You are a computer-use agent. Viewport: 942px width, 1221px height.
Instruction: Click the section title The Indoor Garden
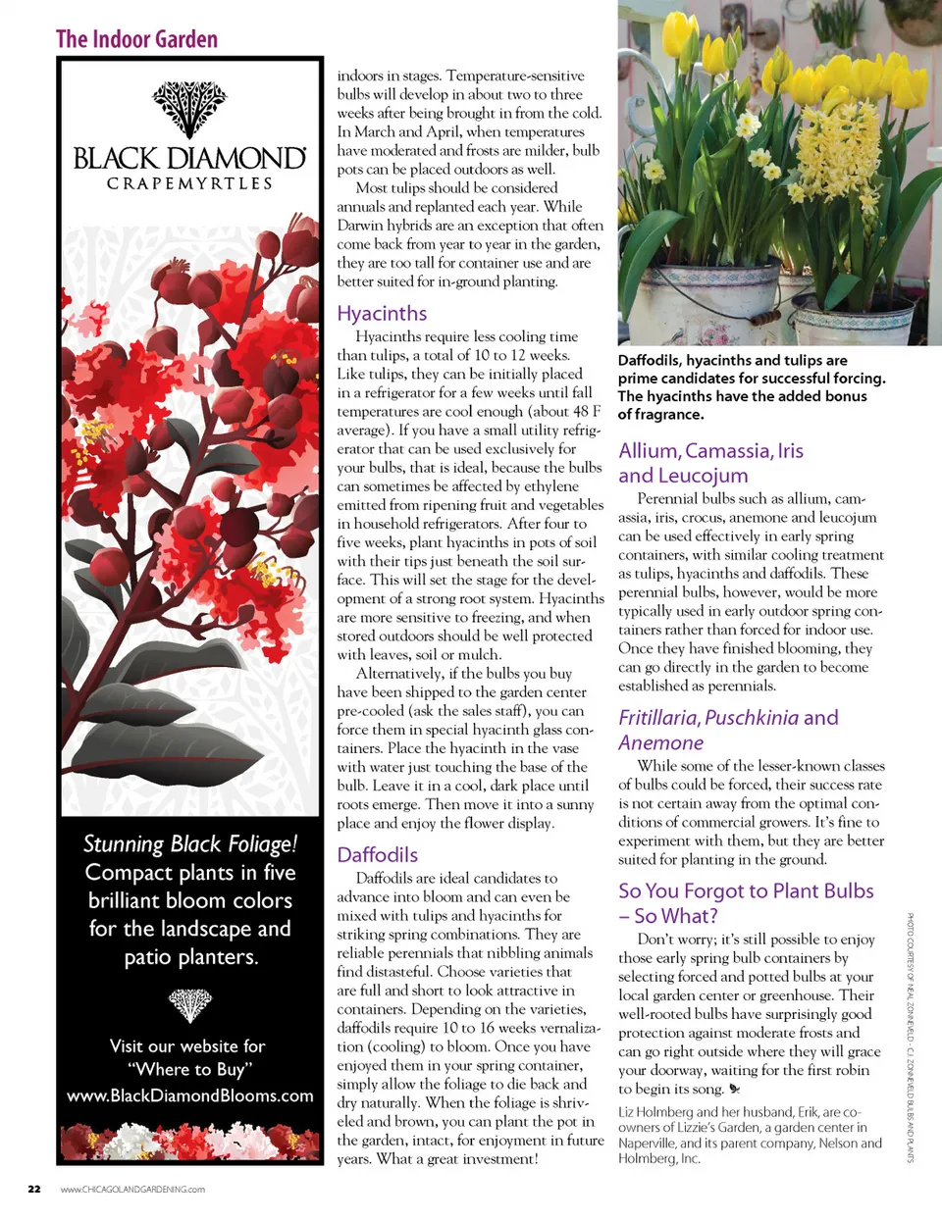coord(136,39)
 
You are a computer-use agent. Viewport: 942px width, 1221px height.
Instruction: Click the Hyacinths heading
coord(382,314)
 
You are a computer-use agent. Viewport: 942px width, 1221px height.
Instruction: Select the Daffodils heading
coord(377,855)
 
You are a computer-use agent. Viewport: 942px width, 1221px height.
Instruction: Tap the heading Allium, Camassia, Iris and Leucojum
coord(710,463)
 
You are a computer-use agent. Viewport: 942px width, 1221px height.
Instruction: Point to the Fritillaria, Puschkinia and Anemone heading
coord(727,730)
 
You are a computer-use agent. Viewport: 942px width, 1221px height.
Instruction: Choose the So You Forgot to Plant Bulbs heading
coord(745,903)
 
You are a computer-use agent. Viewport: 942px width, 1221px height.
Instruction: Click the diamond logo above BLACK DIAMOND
coord(189,109)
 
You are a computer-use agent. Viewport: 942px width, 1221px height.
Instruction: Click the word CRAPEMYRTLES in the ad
coord(189,183)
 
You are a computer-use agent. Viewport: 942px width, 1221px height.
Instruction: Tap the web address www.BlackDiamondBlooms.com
coord(190,1095)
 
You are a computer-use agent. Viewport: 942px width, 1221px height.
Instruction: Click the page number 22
coord(34,1190)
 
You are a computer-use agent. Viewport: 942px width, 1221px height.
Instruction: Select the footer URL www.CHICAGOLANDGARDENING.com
coord(132,1190)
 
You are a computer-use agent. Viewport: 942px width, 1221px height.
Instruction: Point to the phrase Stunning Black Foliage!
coord(189,844)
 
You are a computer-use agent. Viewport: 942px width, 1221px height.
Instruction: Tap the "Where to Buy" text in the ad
coord(189,1069)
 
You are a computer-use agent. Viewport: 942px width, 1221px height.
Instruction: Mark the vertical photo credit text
coord(911,1037)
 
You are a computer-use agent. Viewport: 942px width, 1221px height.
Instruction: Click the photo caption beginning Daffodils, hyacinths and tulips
coord(751,387)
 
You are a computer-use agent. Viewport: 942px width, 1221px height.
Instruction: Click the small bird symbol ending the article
coord(734,1089)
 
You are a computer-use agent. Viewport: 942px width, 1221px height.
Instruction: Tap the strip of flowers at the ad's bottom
coord(189,1142)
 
